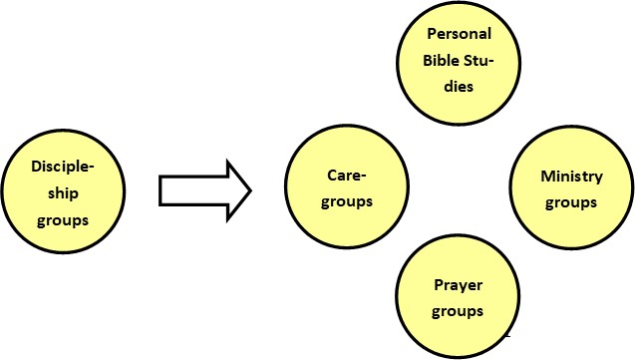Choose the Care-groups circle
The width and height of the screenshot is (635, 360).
pos(348,188)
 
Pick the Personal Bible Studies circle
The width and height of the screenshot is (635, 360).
pos(460,62)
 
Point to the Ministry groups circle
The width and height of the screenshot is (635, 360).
pos(571,188)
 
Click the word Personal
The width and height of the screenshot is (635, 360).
pos(460,34)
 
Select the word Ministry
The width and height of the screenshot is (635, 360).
pos(571,177)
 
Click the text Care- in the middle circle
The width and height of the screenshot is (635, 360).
pos(348,177)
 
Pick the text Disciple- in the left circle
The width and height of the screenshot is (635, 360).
pos(63,166)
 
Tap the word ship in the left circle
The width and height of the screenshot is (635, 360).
pos(62,192)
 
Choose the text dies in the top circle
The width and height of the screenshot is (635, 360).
pos(459,88)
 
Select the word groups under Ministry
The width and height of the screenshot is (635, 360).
pos(571,202)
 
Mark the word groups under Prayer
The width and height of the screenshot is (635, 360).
pos(459,311)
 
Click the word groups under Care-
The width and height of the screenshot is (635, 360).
pos(348,201)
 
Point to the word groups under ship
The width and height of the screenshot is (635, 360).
pos(63,219)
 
